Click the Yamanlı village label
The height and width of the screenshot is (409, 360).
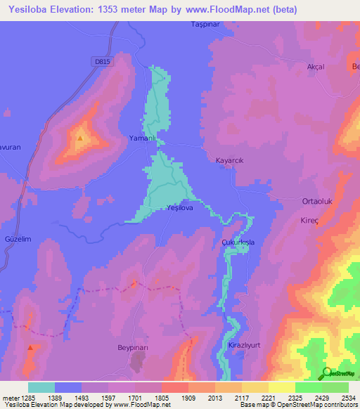pyautogui.click(x=141, y=138)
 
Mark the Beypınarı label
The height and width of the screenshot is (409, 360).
pyautogui.click(x=134, y=348)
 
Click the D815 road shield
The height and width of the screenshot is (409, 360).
pyautogui.click(x=102, y=61)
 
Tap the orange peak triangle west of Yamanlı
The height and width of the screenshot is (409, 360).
pyautogui.click(x=80, y=138)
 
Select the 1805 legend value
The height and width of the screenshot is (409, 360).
pyautogui.click(x=162, y=397)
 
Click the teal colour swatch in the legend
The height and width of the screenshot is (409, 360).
pyautogui.click(x=41, y=387)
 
